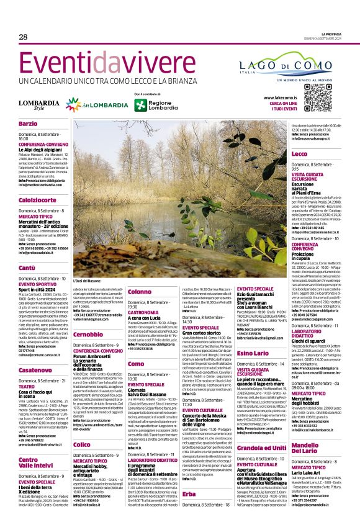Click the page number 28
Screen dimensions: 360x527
coord(23,37)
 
